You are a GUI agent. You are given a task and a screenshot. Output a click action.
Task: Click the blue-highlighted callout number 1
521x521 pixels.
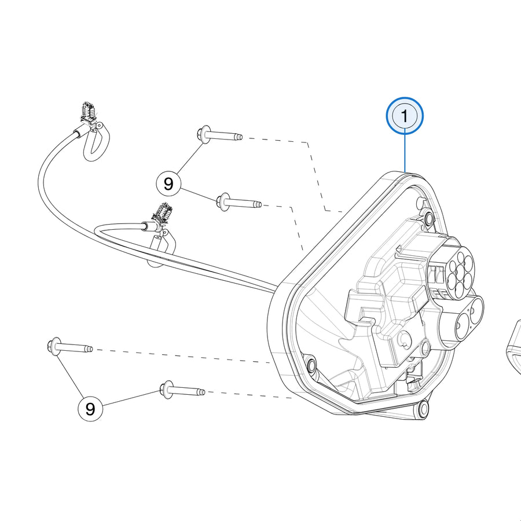405,116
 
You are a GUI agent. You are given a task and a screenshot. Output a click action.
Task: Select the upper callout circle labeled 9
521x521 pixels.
169,184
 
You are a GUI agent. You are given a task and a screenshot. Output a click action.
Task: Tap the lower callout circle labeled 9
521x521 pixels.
90,409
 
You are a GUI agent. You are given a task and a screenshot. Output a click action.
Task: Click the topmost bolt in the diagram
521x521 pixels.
219,135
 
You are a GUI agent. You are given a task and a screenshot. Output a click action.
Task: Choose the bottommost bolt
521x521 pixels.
182,390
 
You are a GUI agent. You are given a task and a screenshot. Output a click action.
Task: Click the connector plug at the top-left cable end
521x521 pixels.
87,113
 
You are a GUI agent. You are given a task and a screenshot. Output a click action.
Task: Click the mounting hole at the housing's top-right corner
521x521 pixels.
430,218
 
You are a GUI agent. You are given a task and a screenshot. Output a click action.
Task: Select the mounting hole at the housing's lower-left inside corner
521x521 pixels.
311,365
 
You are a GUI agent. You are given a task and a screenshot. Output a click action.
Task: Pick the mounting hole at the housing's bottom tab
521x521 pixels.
423,408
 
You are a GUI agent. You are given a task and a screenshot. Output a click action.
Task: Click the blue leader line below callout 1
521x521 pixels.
405,153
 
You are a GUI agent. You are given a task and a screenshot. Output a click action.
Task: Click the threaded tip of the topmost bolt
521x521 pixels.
239,137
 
